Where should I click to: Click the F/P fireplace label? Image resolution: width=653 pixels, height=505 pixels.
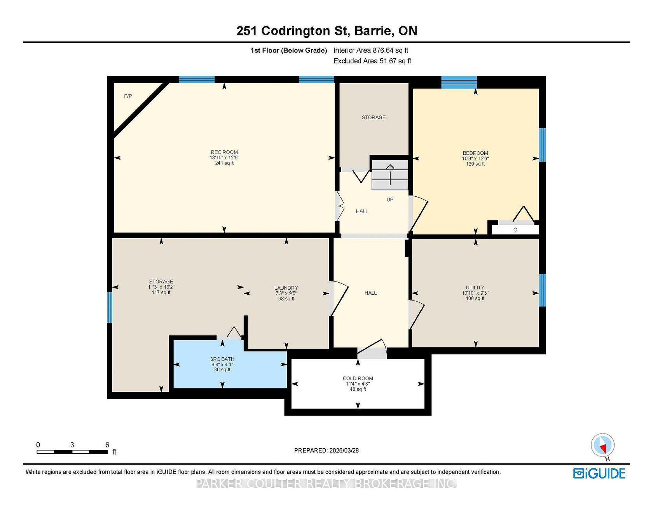click(x=128, y=96)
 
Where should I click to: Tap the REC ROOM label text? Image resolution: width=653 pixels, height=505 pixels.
click(x=224, y=152)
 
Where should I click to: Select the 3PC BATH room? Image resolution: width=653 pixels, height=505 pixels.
click(x=230, y=364)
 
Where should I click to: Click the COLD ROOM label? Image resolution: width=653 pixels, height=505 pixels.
click(x=358, y=378)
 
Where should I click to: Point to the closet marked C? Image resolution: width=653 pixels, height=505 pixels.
click(x=515, y=230)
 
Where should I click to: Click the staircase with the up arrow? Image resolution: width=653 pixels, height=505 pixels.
click(x=390, y=175)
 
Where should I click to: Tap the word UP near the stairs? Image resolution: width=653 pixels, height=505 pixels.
click(x=390, y=200)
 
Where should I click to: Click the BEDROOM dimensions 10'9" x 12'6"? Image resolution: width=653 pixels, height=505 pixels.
click(x=475, y=159)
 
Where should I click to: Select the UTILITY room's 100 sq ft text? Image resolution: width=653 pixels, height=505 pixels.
click(x=475, y=299)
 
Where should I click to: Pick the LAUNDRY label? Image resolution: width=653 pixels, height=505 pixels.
click(x=286, y=288)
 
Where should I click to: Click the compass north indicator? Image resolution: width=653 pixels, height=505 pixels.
click(x=603, y=446)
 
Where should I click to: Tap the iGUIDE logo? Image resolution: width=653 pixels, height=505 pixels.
click(x=599, y=474)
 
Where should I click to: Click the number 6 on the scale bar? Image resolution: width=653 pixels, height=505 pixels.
click(x=107, y=445)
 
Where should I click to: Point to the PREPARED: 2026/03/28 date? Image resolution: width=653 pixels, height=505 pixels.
click(x=326, y=451)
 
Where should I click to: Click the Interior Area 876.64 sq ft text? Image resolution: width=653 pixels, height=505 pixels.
click(x=371, y=50)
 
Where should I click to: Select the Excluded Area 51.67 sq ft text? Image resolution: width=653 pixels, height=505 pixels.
click(x=372, y=61)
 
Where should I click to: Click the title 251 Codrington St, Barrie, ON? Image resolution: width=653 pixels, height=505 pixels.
click(x=327, y=31)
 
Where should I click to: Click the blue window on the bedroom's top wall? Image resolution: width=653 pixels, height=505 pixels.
click(x=459, y=82)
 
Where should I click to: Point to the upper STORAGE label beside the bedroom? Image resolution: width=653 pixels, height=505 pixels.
click(x=374, y=117)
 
